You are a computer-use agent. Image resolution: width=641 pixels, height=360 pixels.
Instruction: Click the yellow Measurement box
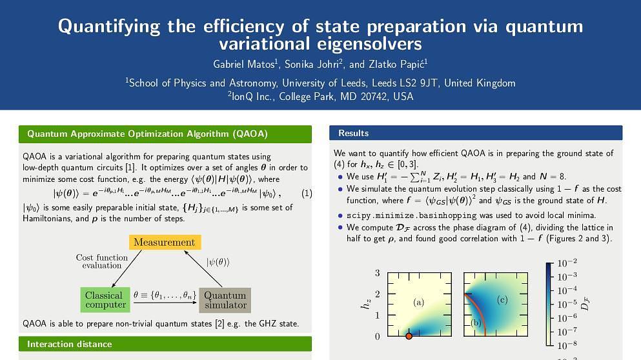[165, 242]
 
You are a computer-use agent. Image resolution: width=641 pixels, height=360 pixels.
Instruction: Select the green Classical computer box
[105, 300]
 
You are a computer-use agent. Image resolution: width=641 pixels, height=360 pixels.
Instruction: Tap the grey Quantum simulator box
[225, 300]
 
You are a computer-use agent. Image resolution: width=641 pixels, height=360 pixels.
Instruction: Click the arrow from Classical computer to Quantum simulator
[165, 303]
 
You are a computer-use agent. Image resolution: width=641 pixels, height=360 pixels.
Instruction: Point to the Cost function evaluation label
[102, 261]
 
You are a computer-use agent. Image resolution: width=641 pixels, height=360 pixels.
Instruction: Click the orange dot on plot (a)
[409, 336]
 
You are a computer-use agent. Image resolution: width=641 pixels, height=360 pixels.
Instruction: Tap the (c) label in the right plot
[502, 300]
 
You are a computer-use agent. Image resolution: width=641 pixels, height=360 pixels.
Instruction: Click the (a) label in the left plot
[418, 303]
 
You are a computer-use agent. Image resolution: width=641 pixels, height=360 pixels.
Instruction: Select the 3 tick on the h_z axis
[378, 273]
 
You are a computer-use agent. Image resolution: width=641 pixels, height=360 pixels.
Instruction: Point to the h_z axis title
[366, 304]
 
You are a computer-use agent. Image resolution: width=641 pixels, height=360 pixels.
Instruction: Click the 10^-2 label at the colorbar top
[567, 263]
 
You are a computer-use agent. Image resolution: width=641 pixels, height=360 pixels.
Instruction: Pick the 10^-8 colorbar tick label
[567, 345]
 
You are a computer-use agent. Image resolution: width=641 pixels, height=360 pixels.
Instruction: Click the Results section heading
[353, 133]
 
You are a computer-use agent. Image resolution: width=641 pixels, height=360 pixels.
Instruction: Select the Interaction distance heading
[70, 344]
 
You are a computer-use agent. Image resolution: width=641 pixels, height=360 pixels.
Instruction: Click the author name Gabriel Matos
[244, 64]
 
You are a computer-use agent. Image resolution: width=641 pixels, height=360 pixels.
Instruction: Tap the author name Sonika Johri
[312, 64]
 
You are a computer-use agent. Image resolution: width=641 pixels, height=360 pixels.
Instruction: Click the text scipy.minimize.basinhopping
[412, 215]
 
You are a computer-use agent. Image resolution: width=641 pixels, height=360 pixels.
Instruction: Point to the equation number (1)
[307, 194]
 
